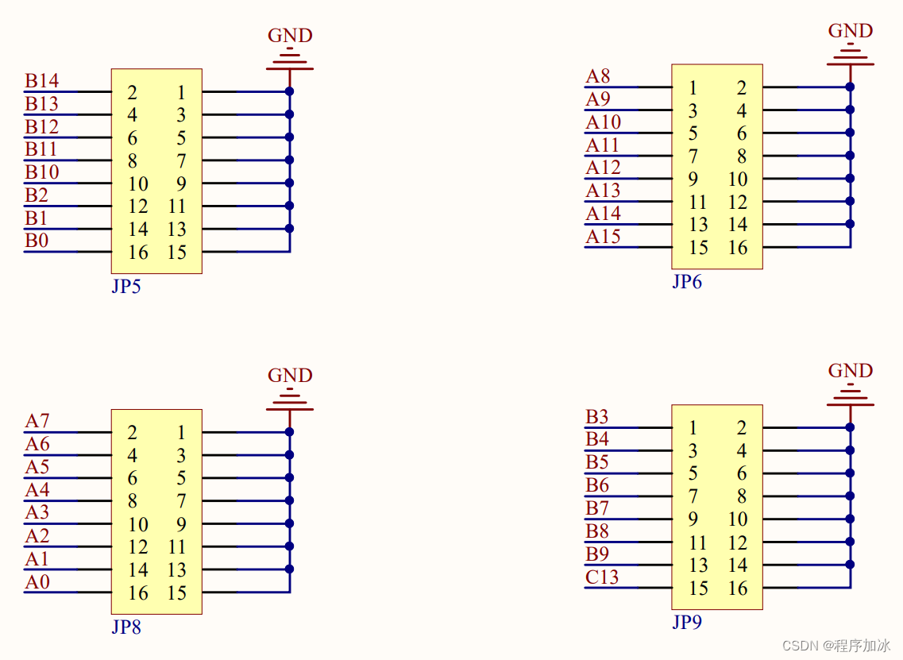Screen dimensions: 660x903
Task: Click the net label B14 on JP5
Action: [41, 81]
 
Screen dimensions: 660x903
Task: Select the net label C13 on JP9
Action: [602, 577]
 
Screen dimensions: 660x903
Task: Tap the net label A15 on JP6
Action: [603, 237]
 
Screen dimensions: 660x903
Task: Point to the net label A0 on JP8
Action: [37, 582]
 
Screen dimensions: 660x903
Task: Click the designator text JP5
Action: [125, 287]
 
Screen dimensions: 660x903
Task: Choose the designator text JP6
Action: [686, 282]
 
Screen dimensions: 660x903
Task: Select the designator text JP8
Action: [125, 627]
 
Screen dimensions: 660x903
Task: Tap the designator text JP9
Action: [686, 623]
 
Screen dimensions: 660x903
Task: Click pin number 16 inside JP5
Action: [138, 253]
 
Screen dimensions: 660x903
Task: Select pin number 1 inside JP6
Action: [693, 87]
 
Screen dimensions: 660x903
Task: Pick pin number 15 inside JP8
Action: [177, 593]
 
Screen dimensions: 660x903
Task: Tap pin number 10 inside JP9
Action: [738, 519]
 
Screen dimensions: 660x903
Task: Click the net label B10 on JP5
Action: [41, 172]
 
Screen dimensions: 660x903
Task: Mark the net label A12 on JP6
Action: [603, 168]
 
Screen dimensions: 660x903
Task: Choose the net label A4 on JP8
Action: [37, 490]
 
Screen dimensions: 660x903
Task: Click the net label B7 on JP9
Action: [597, 508]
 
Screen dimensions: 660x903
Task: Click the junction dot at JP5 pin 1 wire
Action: [290, 91]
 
